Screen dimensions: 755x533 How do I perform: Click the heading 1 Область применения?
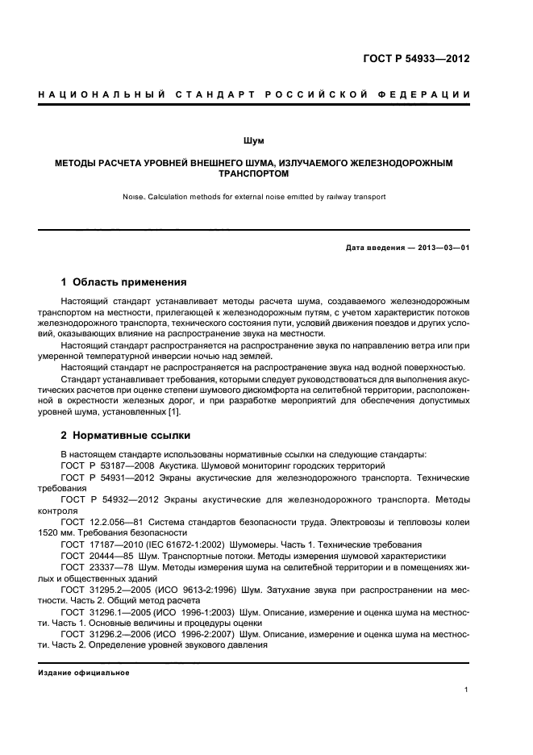point(124,282)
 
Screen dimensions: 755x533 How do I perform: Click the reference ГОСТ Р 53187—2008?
point(105,466)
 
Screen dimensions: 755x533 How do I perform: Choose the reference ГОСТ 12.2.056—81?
point(102,523)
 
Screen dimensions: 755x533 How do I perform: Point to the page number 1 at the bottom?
point(467,689)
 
